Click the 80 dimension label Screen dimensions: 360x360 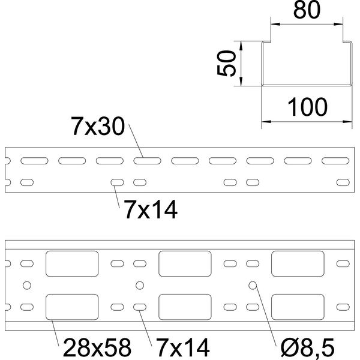point(307,10)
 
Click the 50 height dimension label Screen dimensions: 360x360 point(226,63)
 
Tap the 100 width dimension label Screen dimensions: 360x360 point(307,107)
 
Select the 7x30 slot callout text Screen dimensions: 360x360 point(98,126)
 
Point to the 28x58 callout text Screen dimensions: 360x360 point(97,347)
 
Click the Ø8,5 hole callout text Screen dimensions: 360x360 point(308,347)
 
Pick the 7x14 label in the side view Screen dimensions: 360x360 point(151,209)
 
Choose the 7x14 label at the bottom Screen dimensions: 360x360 point(183,347)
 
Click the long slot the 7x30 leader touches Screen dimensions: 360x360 point(147,161)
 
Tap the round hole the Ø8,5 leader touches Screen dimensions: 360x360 point(253,286)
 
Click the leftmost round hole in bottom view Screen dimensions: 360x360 point(27,286)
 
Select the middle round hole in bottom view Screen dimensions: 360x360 point(140,286)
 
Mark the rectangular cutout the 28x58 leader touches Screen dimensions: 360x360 point(72,307)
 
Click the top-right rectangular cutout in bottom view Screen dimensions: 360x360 point(298,263)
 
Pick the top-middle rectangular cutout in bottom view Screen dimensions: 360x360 point(185,263)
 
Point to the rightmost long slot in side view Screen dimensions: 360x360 point(335,161)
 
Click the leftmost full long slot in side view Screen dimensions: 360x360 point(34,161)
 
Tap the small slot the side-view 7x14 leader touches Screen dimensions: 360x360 point(117,182)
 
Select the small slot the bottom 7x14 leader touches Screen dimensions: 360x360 point(140,307)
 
